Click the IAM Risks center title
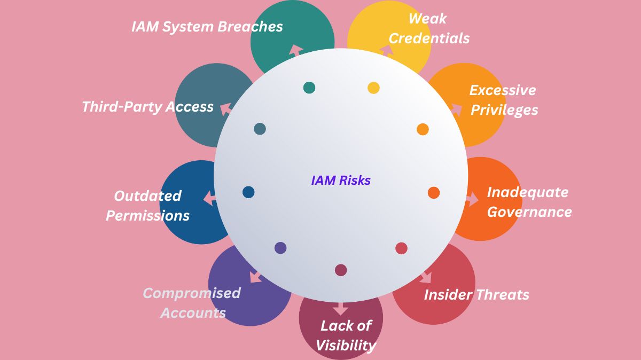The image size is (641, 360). [341, 181]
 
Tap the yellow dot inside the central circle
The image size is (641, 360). [373, 88]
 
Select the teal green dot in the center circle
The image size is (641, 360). [309, 88]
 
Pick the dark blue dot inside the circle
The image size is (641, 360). [248, 192]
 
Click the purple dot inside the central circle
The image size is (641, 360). [280, 248]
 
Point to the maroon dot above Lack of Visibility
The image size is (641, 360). [341, 270]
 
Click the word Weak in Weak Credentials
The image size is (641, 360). [427, 19]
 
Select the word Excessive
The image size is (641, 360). [503, 90]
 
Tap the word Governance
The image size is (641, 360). [529, 212]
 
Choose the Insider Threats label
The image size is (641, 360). [476, 295]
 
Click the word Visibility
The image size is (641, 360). [346, 346]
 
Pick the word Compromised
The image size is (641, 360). [192, 293]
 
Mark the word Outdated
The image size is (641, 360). [148, 196]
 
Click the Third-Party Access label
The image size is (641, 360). [148, 107]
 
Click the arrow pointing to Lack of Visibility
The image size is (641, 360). [340, 309]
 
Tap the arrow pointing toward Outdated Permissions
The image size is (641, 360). [209, 199]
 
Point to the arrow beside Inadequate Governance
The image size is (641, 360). [472, 200]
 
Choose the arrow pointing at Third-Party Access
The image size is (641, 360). [226, 107]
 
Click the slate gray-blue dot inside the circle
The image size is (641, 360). [260, 129]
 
